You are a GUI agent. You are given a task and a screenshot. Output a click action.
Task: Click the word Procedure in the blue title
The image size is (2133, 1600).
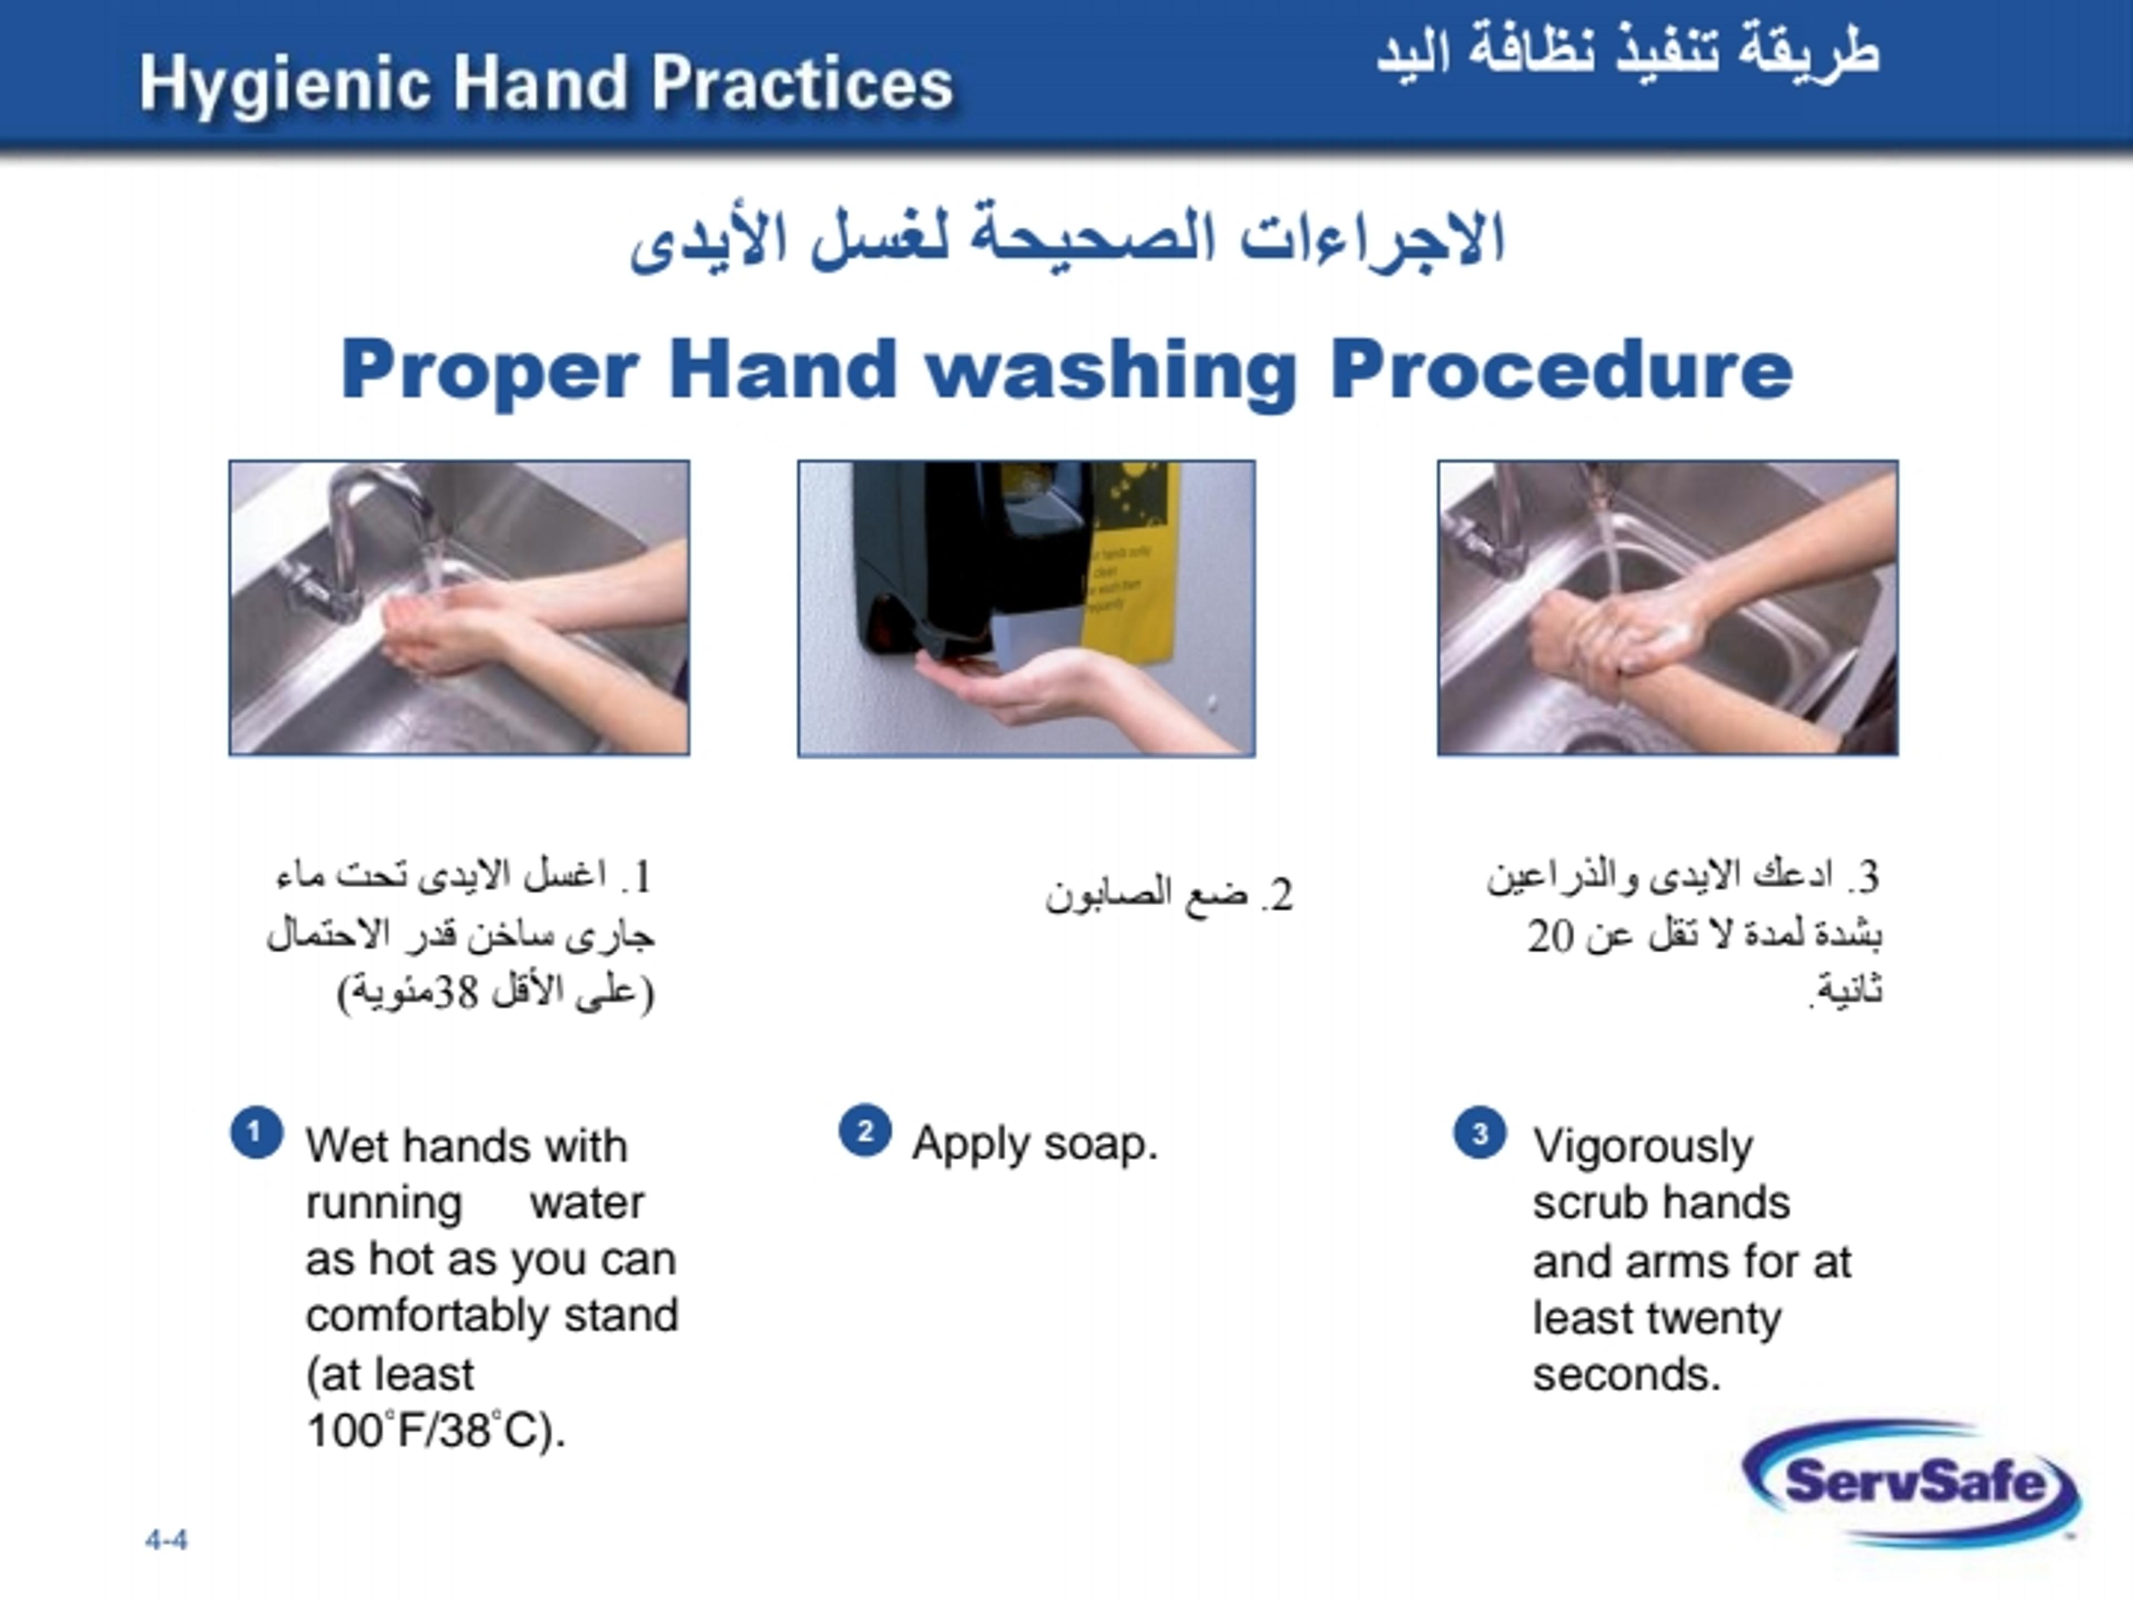point(1561,371)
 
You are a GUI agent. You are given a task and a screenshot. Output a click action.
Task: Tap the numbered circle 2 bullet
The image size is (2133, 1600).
point(865,1131)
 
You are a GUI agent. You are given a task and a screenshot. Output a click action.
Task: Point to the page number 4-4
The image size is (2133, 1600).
point(167,1540)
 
